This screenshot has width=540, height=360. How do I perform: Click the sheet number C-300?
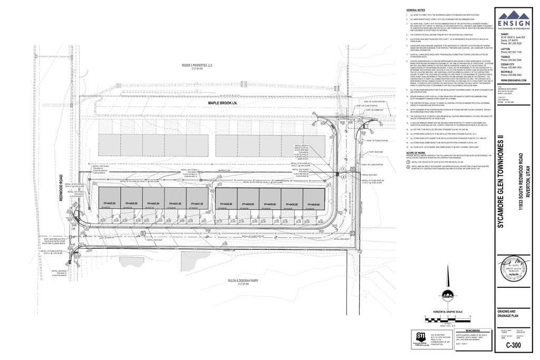514,346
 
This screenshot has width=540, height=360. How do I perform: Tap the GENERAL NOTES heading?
416,10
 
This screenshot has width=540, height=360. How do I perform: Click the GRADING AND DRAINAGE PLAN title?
509,314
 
